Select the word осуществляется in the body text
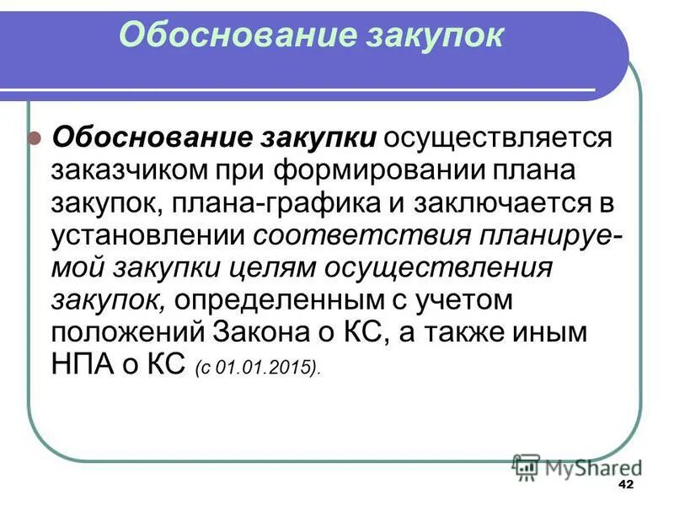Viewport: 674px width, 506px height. (x=503, y=137)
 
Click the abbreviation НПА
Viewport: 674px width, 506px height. (x=87, y=366)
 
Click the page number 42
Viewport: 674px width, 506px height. (x=625, y=484)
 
